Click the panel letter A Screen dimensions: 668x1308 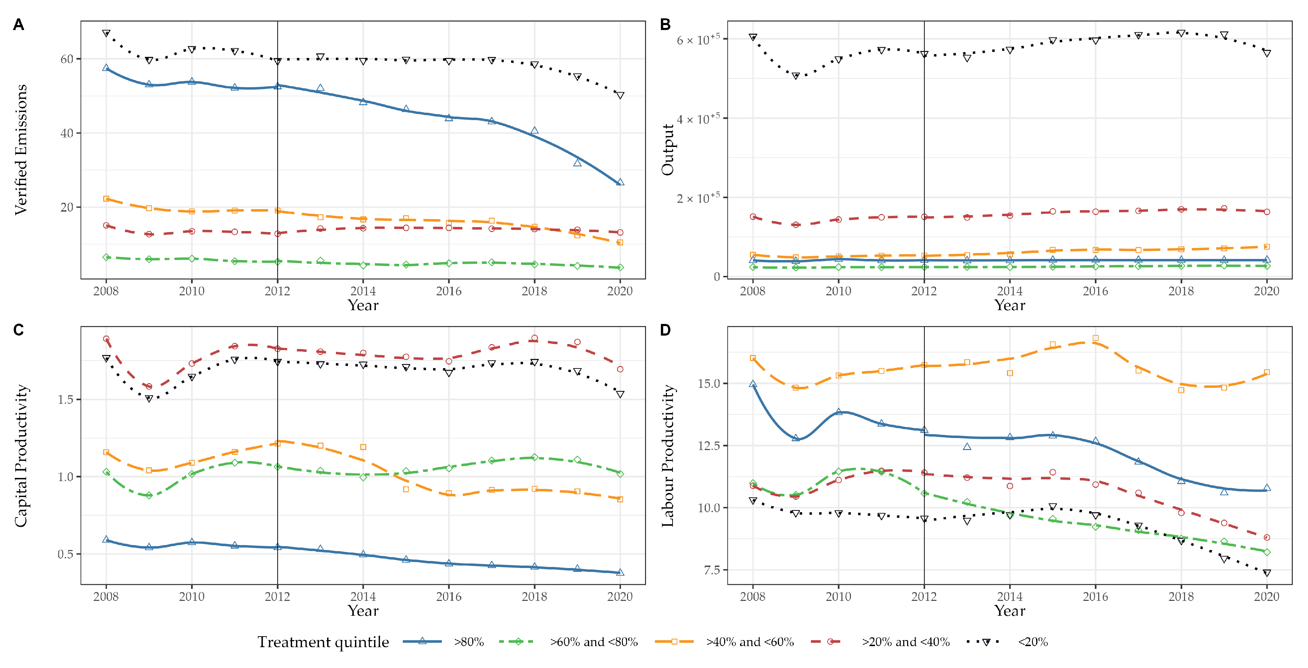pos(18,24)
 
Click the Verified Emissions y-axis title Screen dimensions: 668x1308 pos(21,149)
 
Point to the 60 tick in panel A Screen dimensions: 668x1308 pos(67,59)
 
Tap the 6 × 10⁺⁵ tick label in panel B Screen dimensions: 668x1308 pos(698,40)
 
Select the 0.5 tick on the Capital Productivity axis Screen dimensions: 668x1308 pos(65,554)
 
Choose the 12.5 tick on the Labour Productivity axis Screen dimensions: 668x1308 pos(709,445)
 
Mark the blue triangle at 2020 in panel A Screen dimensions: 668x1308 pos(620,182)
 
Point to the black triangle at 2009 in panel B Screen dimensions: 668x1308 pos(796,76)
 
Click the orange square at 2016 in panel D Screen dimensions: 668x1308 pos(1096,338)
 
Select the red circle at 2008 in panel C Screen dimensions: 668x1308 pos(106,339)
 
